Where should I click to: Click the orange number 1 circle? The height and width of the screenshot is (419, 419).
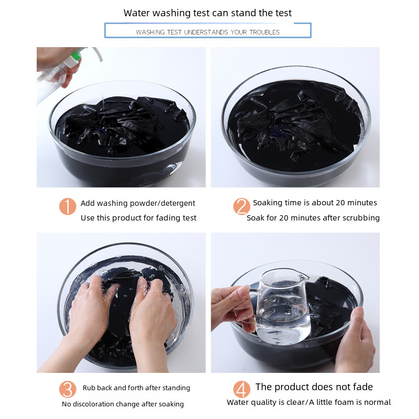68,206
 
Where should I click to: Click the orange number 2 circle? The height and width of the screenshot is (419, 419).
241,206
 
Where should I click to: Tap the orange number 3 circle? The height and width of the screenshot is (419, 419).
68,389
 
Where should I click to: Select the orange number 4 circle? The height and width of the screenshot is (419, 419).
241,389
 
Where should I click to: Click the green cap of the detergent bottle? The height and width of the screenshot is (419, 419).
75,56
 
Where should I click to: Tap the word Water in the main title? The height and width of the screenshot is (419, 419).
137,13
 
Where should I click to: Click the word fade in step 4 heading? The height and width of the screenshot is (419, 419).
362,387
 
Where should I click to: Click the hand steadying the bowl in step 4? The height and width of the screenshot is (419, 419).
356,339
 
